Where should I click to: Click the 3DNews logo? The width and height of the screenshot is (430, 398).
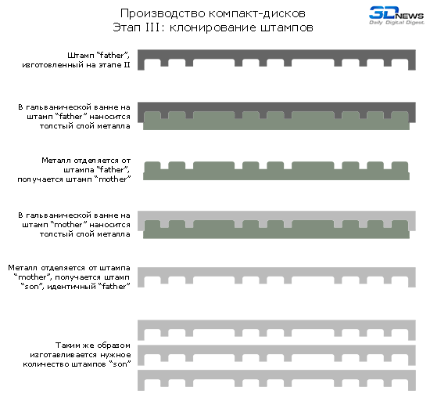click(x=396, y=16)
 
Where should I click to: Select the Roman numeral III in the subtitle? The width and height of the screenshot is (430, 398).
click(x=152, y=27)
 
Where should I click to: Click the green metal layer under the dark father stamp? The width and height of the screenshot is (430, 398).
click(x=277, y=125)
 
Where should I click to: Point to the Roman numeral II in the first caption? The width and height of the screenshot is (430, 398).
click(x=127, y=65)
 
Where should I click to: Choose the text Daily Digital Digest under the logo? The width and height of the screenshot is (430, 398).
click(x=396, y=22)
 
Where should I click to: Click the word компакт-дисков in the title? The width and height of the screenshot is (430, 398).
click(x=257, y=13)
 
